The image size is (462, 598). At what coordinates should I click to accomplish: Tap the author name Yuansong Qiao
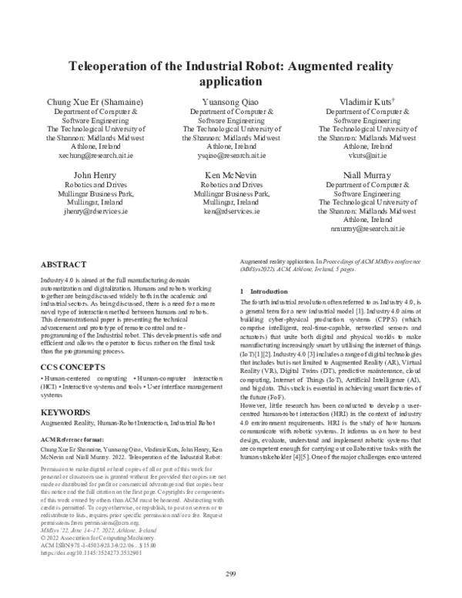point(231,102)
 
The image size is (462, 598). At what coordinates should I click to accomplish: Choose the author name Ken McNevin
point(231,175)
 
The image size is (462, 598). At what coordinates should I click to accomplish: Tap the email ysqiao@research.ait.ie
point(231,155)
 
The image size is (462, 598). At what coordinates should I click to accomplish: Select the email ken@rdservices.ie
point(231,210)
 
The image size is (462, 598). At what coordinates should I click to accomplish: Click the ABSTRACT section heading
point(63,264)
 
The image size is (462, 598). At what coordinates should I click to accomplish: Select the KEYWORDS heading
point(65,412)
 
